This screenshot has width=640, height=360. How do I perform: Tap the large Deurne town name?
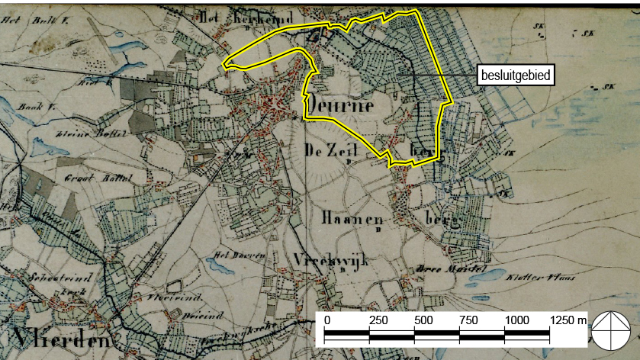(342, 104)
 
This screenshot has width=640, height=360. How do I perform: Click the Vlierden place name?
(60, 339)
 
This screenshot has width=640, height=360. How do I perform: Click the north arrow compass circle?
(613, 330)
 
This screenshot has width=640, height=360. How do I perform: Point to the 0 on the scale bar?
(326, 319)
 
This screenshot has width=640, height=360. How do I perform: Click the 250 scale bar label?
(378, 319)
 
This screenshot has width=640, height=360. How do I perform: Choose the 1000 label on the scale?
(517, 319)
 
